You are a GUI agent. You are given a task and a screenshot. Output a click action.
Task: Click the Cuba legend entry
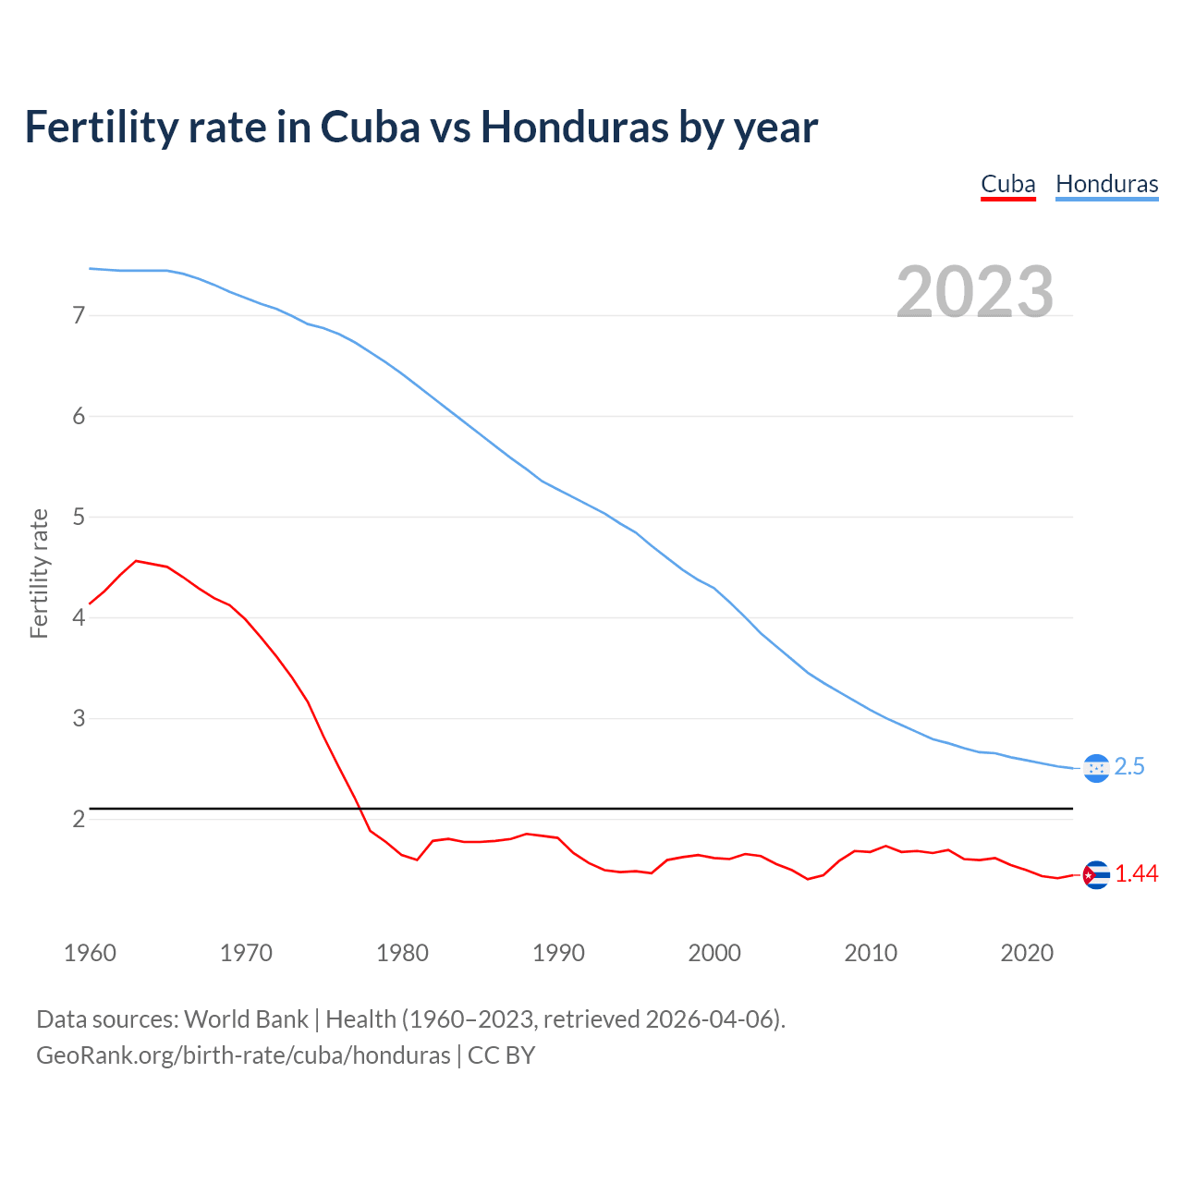(x=1007, y=184)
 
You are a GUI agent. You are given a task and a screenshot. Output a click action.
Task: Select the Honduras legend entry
(x=1106, y=184)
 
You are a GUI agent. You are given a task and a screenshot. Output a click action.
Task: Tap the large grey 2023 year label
(x=974, y=292)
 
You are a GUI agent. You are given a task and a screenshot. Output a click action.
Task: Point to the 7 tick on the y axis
(x=79, y=315)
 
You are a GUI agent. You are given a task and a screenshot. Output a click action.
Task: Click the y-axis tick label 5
(x=79, y=517)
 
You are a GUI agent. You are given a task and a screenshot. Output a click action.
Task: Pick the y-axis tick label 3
(x=79, y=718)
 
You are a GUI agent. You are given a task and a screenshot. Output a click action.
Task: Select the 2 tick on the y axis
(x=79, y=819)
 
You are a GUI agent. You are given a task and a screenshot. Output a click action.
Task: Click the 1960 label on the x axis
(x=90, y=953)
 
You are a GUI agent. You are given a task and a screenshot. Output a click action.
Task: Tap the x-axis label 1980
(x=402, y=953)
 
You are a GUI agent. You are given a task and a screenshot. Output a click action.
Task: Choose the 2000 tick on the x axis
(x=714, y=953)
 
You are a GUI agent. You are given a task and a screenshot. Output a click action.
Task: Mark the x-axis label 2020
(x=1027, y=953)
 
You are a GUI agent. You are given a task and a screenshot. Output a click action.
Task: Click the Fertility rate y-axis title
(x=39, y=573)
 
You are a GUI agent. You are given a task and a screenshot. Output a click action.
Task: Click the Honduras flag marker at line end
(x=1096, y=768)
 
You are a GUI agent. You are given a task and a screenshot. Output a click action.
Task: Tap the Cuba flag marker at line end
(x=1096, y=874)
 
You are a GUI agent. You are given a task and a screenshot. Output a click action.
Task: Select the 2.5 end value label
(x=1129, y=767)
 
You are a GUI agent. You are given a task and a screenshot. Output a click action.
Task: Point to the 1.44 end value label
(x=1136, y=874)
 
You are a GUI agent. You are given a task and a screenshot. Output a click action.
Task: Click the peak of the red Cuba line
(x=136, y=561)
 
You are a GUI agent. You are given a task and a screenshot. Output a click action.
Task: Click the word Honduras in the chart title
(x=574, y=128)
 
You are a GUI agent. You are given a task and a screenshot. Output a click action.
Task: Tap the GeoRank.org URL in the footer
(x=243, y=1055)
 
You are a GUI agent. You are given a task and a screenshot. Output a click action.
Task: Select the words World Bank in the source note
(x=246, y=1019)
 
